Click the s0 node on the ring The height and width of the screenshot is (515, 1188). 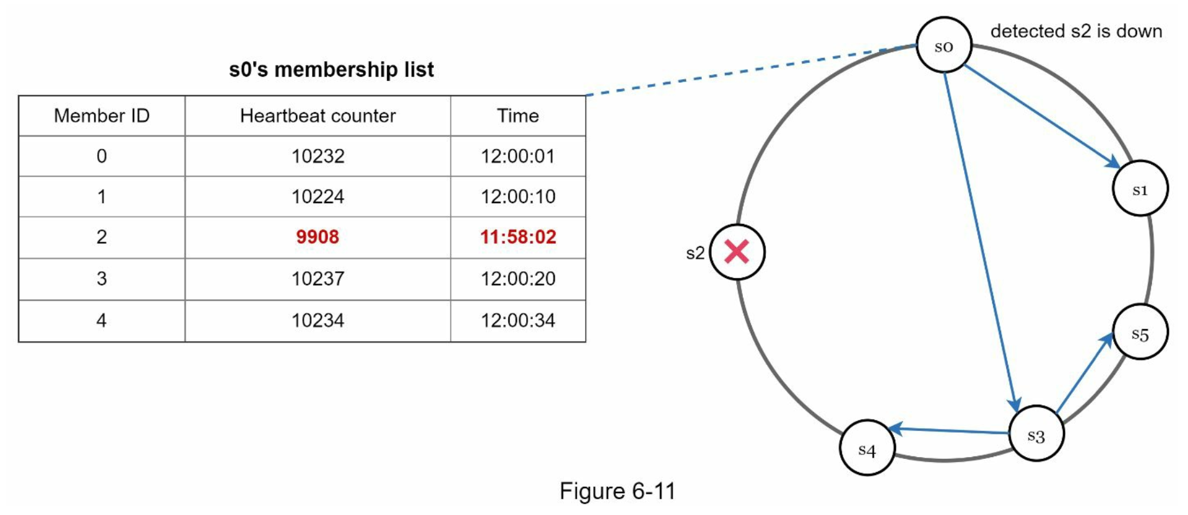tap(944, 45)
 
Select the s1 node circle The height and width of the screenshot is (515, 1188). tap(1140, 188)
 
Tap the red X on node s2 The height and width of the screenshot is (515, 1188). tap(737, 252)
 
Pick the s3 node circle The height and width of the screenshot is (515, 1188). tap(1036, 435)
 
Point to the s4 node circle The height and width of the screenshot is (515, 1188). tap(867, 448)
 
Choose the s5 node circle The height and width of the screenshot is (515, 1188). tap(1140, 333)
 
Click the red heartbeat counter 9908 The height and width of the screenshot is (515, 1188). tap(317, 237)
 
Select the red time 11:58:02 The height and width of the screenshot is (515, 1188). tap(518, 237)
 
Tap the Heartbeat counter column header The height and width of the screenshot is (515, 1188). tap(317, 116)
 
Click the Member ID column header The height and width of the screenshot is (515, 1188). tap(102, 116)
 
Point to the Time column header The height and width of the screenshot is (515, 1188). tap(518, 116)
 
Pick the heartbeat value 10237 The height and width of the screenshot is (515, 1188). tap(317, 278)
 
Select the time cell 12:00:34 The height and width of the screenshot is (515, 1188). tap(518, 320)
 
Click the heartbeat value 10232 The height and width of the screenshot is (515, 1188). tap(317, 156)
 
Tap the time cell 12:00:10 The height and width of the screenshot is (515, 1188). tap(518, 196)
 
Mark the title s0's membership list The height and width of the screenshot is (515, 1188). tap(331, 69)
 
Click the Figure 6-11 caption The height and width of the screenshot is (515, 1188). tap(617, 491)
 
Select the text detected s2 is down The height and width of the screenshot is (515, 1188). tap(1076, 31)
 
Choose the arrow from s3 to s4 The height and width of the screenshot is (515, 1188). tap(951, 430)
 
